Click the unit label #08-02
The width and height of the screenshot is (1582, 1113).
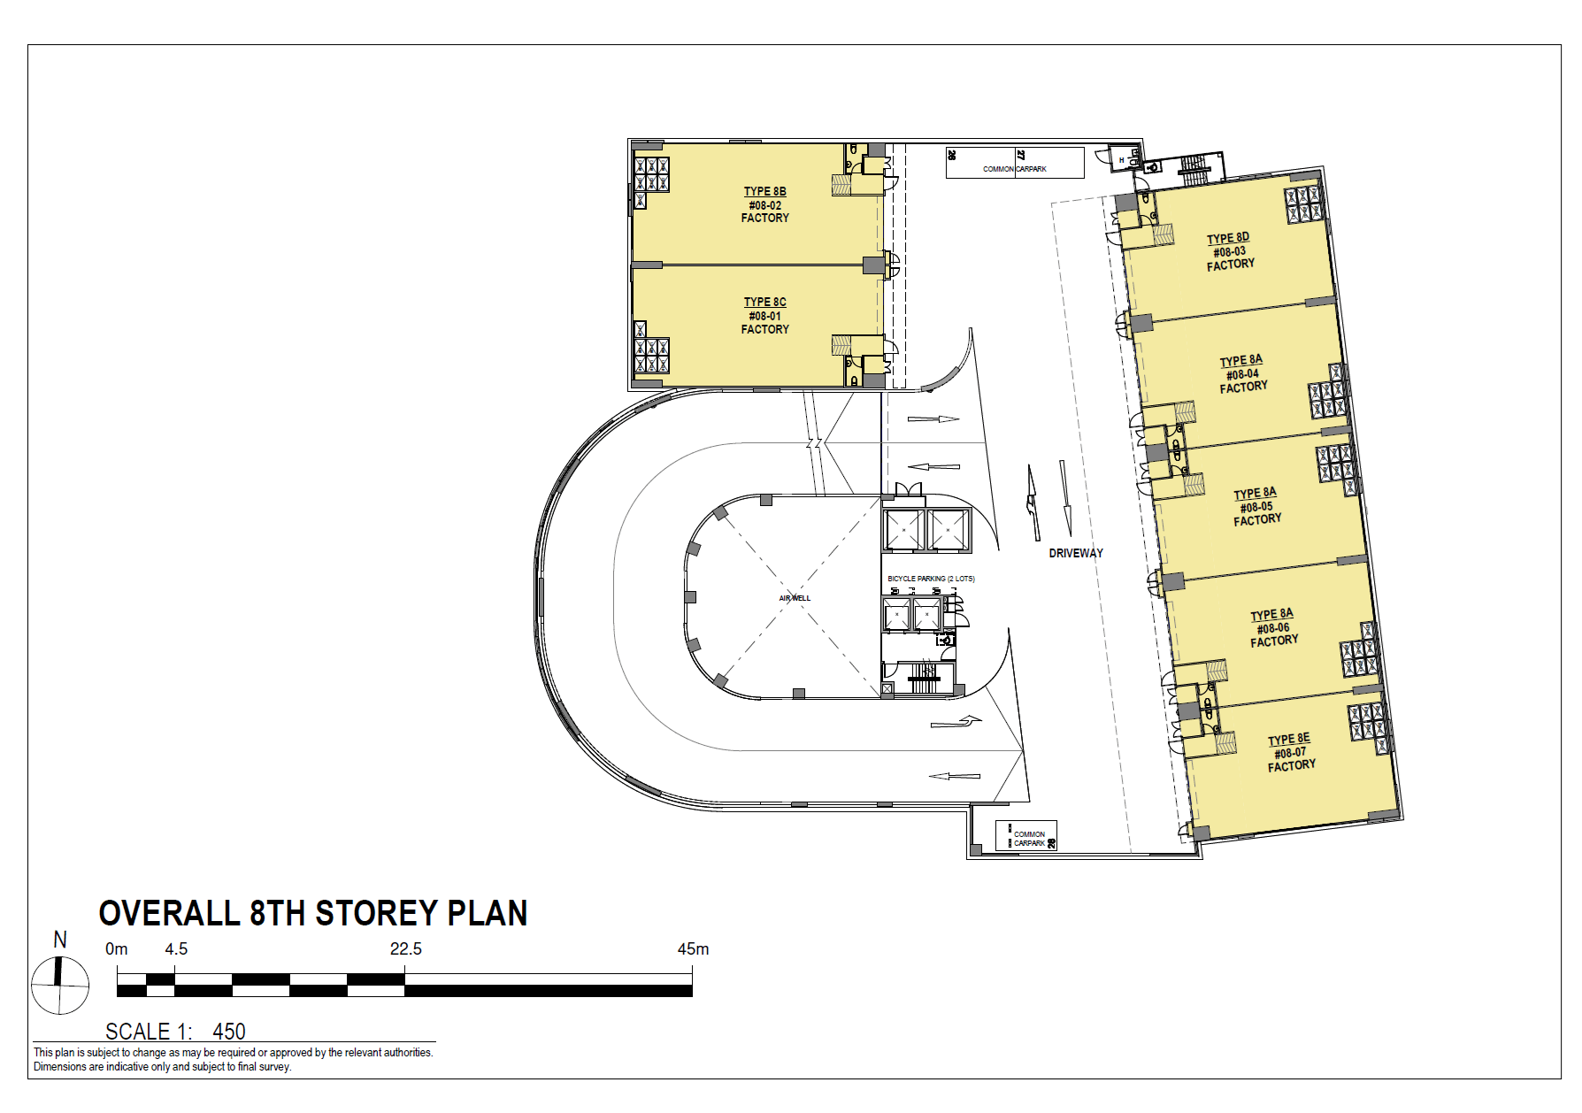(x=764, y=205)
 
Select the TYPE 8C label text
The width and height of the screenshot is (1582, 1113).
(x=764, y=302)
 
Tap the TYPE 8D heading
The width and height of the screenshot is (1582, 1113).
(x=1228, y=238)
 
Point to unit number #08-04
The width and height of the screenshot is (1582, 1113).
(x=1242, y=374)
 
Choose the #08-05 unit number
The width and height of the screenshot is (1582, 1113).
(x=1256, y=507)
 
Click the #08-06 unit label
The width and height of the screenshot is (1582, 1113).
(x=1273, y=628)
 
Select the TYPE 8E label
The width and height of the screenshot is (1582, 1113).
(x=1289, y=739)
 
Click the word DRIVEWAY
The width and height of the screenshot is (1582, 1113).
(x=1076, y=553)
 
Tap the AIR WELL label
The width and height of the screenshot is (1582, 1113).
(x=795, y=598)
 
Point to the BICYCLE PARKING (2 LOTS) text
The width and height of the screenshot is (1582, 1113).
(x=931, y=579)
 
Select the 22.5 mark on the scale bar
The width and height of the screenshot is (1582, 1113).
(x=406, y=949)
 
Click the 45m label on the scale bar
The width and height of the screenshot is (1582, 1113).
(x=693, y=949)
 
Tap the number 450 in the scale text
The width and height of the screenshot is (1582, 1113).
(x=229, y=1032)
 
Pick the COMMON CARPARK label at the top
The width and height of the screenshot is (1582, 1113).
(x=1015, y=168)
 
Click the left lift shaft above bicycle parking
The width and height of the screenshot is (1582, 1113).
(x=903, y=530)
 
